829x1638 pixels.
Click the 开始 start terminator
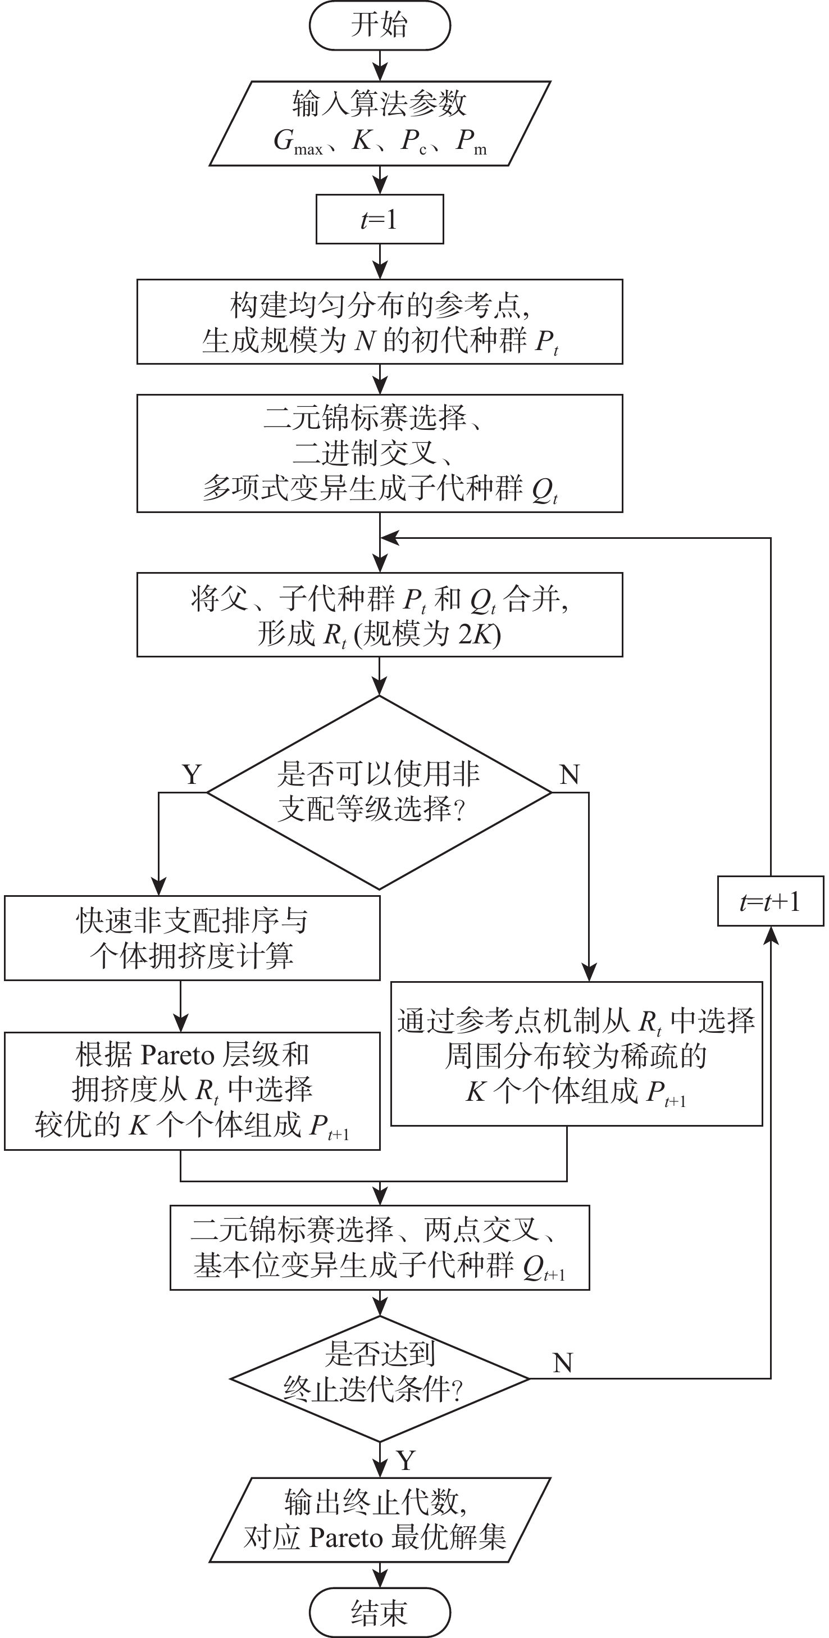(380, 25)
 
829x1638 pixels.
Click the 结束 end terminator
(380, 1612)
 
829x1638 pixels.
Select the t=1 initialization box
(380, 219)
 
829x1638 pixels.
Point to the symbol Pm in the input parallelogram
(471, 142)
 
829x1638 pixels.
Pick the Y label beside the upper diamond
(192, 774)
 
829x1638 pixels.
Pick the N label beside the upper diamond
(569, 774)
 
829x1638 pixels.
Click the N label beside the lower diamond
(563, 1363)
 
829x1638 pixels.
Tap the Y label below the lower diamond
(406, 1460)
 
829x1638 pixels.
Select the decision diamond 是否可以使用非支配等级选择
(380, 792)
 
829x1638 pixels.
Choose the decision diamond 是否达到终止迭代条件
(380, 1378)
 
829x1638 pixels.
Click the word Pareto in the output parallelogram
(346, 1538)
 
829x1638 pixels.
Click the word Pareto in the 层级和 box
(177, 1055)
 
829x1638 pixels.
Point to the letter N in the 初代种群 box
(366, 341)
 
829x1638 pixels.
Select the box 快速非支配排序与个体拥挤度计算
(192, 938)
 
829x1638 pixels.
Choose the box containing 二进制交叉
(380, 453)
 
